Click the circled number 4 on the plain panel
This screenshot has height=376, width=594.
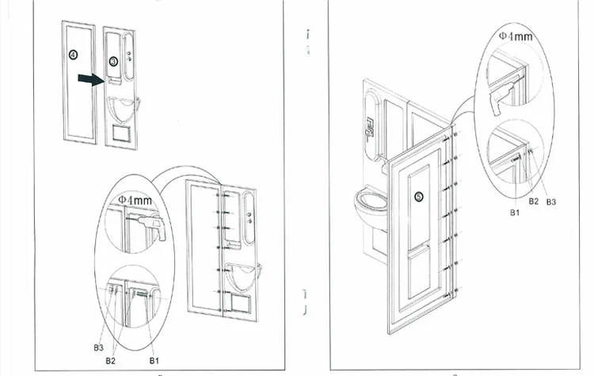74,55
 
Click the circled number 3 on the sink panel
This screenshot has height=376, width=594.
113,61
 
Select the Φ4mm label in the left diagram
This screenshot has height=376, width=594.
135,200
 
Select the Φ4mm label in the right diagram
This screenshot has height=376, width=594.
516,36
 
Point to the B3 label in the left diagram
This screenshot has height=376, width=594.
98,346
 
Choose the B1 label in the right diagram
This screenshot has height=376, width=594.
514,213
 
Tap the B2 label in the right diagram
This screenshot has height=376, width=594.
534,201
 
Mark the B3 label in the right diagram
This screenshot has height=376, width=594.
550,201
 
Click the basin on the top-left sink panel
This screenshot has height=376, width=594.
121,106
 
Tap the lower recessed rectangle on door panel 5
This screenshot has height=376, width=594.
418,270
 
